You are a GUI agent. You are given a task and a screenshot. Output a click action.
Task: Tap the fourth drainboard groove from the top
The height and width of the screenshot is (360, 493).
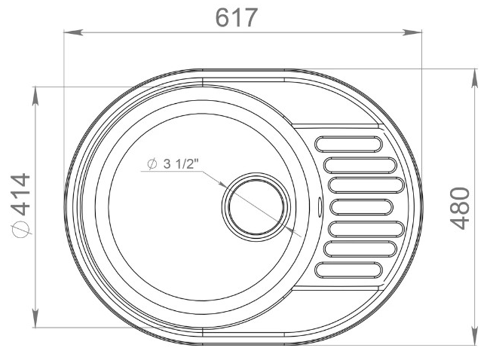click(x=362, y=206)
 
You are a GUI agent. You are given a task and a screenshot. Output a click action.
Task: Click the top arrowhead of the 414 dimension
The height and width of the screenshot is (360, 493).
click(x=36, y=93)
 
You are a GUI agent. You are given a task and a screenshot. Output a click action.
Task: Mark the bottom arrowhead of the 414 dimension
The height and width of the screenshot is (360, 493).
click(x=36, y=320)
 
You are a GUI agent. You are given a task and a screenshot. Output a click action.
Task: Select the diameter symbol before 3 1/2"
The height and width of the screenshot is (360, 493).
click(x=152, y=164)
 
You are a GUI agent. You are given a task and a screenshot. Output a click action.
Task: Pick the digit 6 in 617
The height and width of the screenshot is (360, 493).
click(x=222, y=17)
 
